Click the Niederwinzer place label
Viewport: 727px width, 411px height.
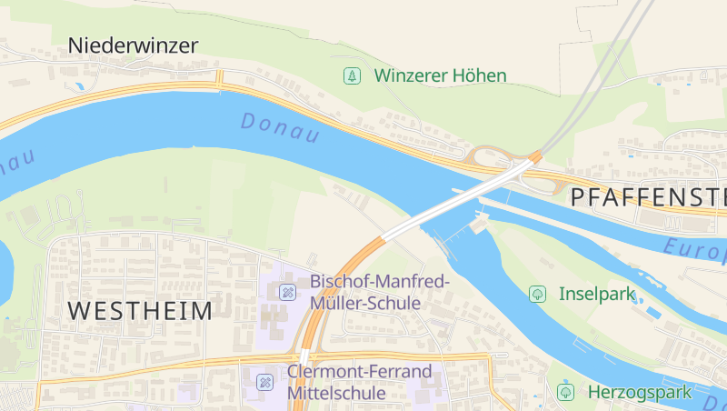click(x=133, y=45)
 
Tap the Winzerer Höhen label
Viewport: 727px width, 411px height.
click(x=440, y=75)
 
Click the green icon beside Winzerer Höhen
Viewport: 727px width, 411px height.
click(x=352, y=75)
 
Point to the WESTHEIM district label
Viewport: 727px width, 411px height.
click(x=140, y=311)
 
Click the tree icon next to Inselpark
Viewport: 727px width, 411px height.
click(x=537, y=294)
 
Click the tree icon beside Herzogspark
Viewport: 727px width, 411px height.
click(x=566, y=392)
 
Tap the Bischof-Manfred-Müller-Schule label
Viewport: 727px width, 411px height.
click(x=379, y=292)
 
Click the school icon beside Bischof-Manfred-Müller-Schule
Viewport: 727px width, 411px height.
click(x=287, y=292)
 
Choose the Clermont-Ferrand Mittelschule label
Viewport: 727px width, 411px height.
click(x=358, y=382)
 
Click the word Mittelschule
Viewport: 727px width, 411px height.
click(x=336, y=393)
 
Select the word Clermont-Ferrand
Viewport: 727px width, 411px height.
click(x=358, y=371)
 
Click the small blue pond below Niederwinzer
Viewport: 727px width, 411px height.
click(x=80, y=86)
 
